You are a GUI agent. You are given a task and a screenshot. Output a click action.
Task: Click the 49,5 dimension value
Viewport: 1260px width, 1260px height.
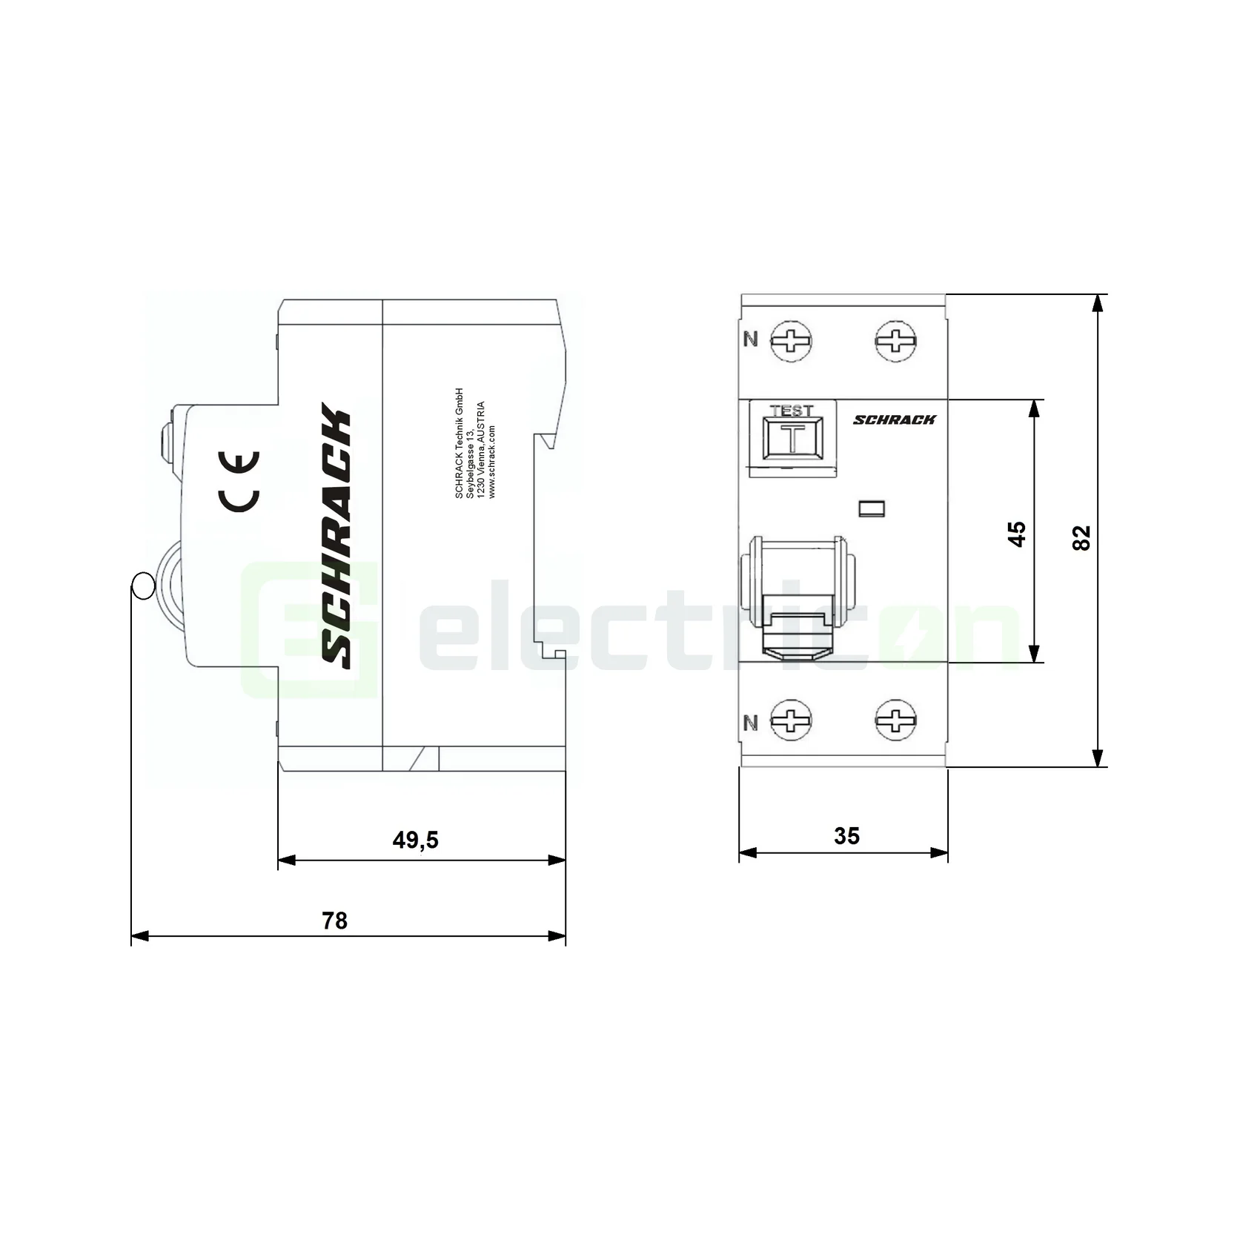[x=415, y=840]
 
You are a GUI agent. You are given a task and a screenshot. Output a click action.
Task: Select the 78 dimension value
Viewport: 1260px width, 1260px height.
[x=334, y=921]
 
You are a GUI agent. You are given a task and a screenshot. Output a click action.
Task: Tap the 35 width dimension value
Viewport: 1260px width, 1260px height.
[x=846, y=836]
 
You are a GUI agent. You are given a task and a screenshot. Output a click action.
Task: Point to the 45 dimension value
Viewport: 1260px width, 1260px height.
[x=1017, y=534]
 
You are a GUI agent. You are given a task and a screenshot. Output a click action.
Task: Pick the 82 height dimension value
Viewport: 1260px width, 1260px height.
[x=1081, y=537]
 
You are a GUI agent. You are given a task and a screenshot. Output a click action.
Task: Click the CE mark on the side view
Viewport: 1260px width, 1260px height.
[x=239, y=481]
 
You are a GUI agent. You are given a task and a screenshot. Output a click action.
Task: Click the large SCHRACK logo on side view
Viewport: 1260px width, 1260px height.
[x=337, y=535]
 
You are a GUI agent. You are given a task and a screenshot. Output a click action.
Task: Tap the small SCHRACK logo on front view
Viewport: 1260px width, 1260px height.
[x=894, y=420]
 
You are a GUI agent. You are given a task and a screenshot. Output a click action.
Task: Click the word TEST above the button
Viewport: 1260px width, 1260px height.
[x=792, y=410]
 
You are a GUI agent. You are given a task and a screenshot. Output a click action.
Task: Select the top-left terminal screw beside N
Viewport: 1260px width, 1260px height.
[x=791, y=341]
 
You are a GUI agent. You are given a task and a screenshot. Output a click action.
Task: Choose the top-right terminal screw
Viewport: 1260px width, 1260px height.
[x=895, y=341]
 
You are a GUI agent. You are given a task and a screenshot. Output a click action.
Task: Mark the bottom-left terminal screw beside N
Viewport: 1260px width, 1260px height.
[x=791, y=720]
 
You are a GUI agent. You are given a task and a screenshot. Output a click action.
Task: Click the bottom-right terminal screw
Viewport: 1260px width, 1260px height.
[x=895, y=720]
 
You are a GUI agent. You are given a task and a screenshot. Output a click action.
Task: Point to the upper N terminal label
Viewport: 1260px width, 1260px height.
[x=751, y=339]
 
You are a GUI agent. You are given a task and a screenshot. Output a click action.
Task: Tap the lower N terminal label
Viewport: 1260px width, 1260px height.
[x=751, y=723]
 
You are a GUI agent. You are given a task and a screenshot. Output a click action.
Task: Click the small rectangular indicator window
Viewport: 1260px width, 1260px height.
[x=871, y=508]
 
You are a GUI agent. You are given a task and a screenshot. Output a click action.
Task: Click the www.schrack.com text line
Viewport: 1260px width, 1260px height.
[x=492, y=461]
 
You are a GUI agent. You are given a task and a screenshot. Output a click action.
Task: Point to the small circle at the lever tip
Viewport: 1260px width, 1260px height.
[x=142, y=586]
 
